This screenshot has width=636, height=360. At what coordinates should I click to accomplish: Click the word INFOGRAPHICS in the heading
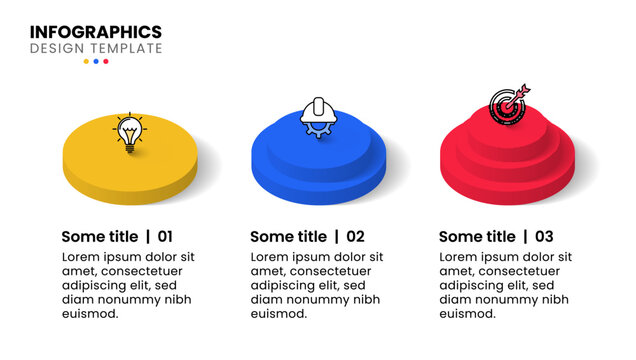point(95,32)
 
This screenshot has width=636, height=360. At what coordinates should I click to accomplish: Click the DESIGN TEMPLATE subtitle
point(95,48)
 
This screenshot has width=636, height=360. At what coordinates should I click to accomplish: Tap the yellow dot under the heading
point(86,61)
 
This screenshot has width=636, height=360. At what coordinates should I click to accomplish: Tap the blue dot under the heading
point(96,61)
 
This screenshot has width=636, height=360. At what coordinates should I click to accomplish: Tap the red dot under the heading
point(106,61)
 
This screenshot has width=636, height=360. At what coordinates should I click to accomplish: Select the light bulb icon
point(128,133)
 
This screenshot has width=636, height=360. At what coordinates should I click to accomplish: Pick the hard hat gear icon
point(317,116)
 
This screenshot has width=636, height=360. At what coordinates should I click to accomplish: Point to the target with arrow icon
point(507,103)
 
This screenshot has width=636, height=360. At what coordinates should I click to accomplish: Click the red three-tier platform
point(506,165)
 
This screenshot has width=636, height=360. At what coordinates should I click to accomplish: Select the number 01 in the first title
point(165,237)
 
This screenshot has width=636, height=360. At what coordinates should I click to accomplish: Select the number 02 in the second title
point(355,237)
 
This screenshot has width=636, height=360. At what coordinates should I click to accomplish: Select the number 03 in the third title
point(544,237)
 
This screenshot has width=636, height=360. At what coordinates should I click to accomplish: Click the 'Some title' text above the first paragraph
point(100,237)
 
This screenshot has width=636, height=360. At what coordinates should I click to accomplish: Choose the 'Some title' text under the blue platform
point(289,237)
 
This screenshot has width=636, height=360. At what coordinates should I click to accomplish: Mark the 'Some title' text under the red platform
point(478,237)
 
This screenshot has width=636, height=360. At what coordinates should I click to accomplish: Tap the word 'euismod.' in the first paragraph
point(90,313)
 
